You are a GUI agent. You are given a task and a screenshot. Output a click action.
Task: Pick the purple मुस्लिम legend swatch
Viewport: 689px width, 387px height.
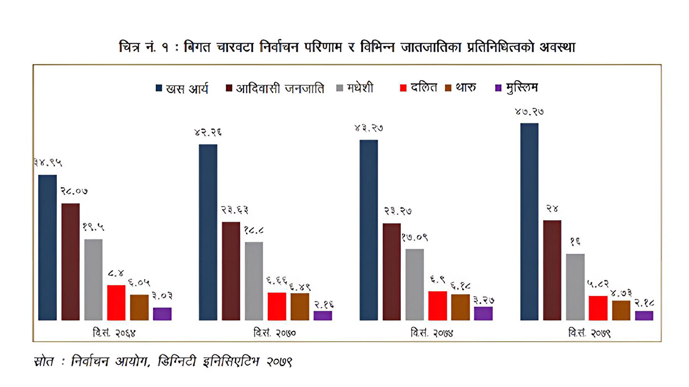tap(499, 88)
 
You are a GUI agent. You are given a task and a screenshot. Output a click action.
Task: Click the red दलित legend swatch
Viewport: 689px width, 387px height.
tap(402, 88)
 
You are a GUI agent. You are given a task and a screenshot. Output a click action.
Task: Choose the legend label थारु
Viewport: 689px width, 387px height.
tap(466, 88)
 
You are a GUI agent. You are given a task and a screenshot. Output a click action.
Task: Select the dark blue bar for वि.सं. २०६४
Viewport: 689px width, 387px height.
tap(47, 247)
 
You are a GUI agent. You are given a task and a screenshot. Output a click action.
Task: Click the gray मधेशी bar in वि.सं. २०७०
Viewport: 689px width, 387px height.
tap(254, 281)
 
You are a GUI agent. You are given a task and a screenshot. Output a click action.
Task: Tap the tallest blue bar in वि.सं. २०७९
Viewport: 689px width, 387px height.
tap(529, 221)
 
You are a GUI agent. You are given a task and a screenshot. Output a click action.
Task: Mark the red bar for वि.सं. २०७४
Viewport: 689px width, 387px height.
tap(438, 305)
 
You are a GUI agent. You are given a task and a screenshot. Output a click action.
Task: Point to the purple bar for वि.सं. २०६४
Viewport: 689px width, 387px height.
tap(162, 313)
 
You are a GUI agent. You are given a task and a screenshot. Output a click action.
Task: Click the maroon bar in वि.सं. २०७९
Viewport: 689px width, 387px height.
tap(552, 270)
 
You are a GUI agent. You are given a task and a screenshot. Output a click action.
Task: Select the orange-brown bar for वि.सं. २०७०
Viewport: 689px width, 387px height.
tap(300, 306)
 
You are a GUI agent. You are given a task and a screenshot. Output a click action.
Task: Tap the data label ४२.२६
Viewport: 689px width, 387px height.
tap(208, 133)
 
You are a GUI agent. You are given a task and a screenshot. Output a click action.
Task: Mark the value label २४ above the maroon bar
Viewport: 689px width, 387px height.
tap(553, 209)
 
